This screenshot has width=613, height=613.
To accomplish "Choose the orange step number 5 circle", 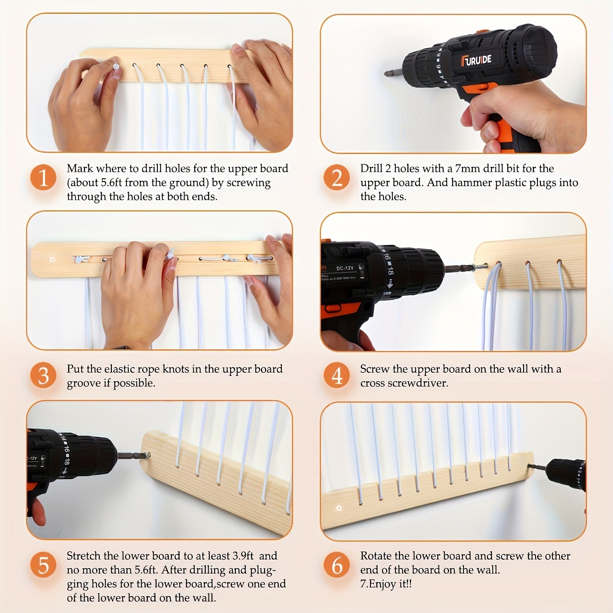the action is pyautogui.click(x=43, y=565).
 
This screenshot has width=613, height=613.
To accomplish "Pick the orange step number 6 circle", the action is pyautogui.click(x=337, y=565).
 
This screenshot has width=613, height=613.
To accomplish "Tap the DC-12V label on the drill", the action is pyautogui.click(x=344, y=268).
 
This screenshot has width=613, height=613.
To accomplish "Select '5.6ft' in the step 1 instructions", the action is pyautogui.click(x=111, y=182).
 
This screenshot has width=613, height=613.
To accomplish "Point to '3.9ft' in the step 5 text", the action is pyautogui.click(x=243, y=556).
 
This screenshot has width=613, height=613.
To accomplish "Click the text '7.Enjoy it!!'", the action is pyautogui.click(x=386, y=584).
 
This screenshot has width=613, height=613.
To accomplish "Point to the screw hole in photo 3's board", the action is pyautogui.click(x=52, y=259).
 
